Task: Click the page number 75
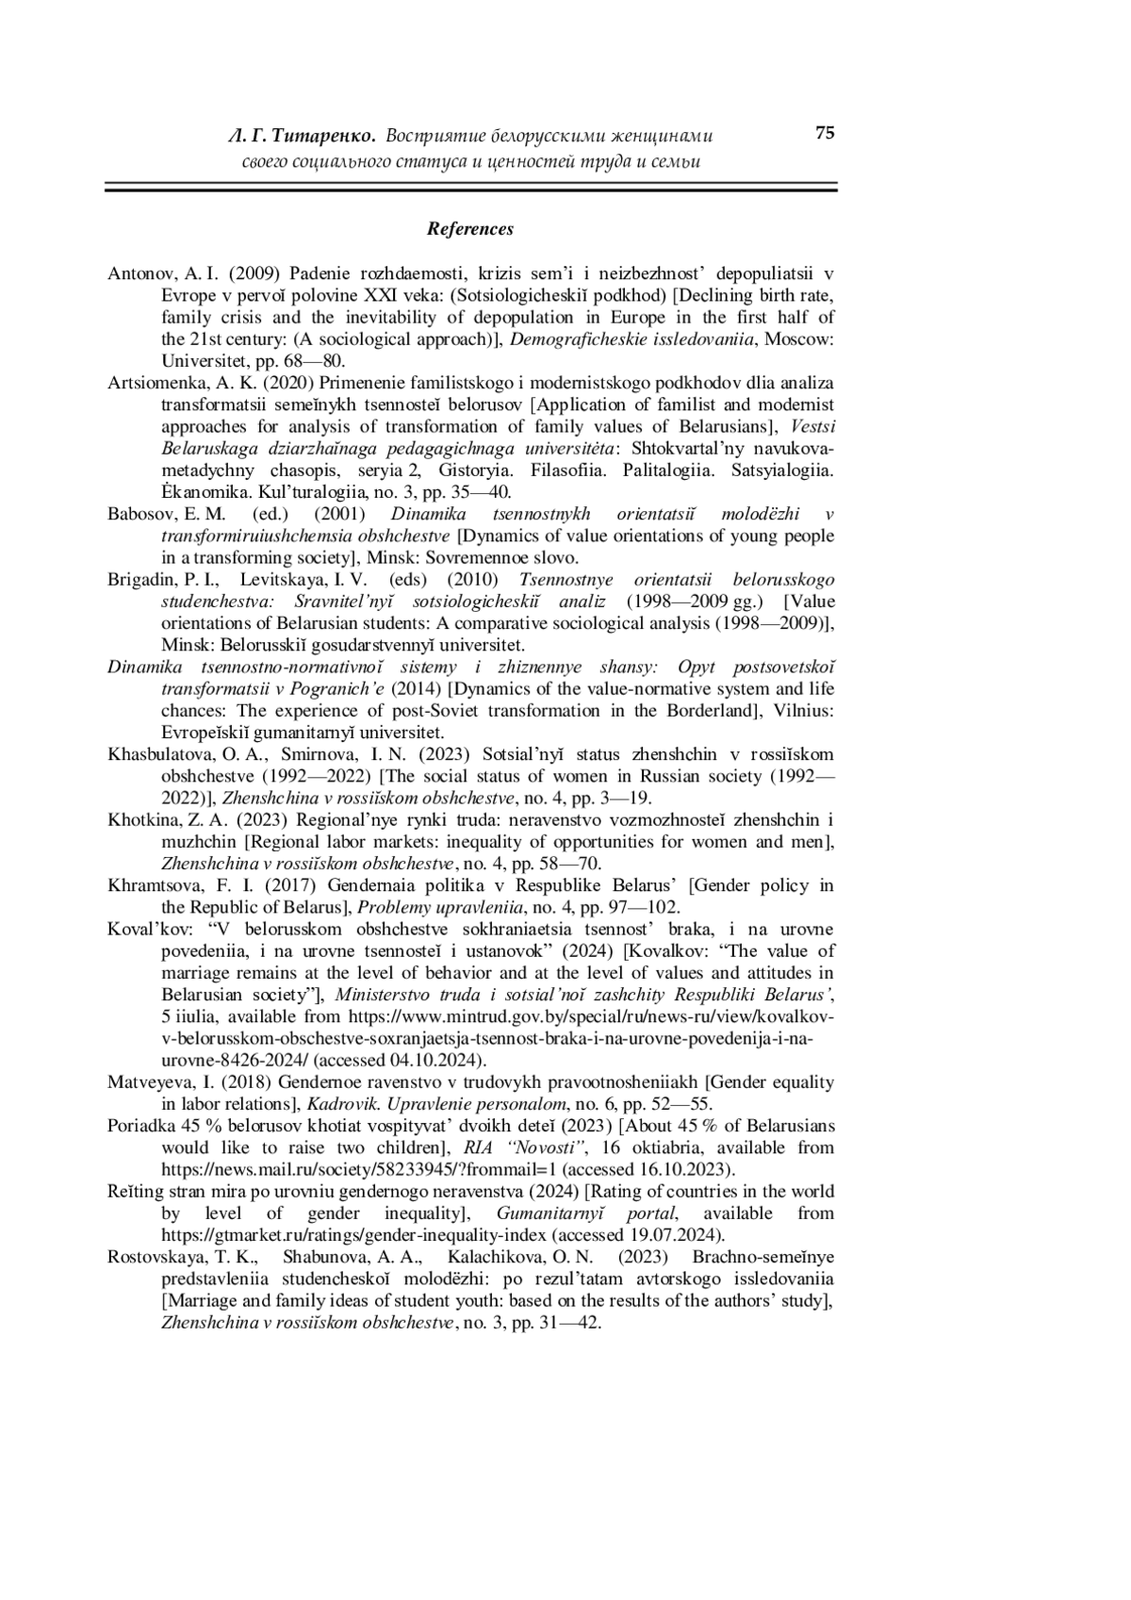coord(825,133)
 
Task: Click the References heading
coord(470,229)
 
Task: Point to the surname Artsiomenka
coord(151,383)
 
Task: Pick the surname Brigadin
coord(139,579)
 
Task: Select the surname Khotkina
coord(140,820)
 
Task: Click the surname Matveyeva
coord(152,1082)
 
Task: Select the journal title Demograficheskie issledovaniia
coord(631,339)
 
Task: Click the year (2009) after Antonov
coord(253,274)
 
